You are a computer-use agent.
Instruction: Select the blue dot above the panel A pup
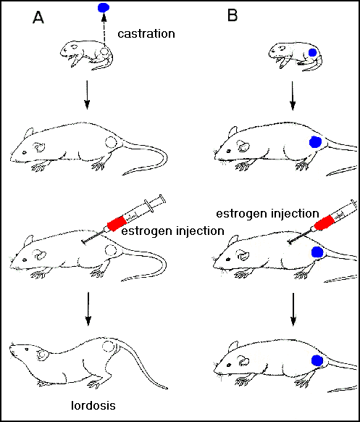point(104,9)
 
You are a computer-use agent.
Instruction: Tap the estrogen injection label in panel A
point(171,231)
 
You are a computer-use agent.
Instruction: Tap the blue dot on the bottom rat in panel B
point(316,360)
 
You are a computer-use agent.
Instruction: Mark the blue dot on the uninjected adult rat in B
point(315,142)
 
